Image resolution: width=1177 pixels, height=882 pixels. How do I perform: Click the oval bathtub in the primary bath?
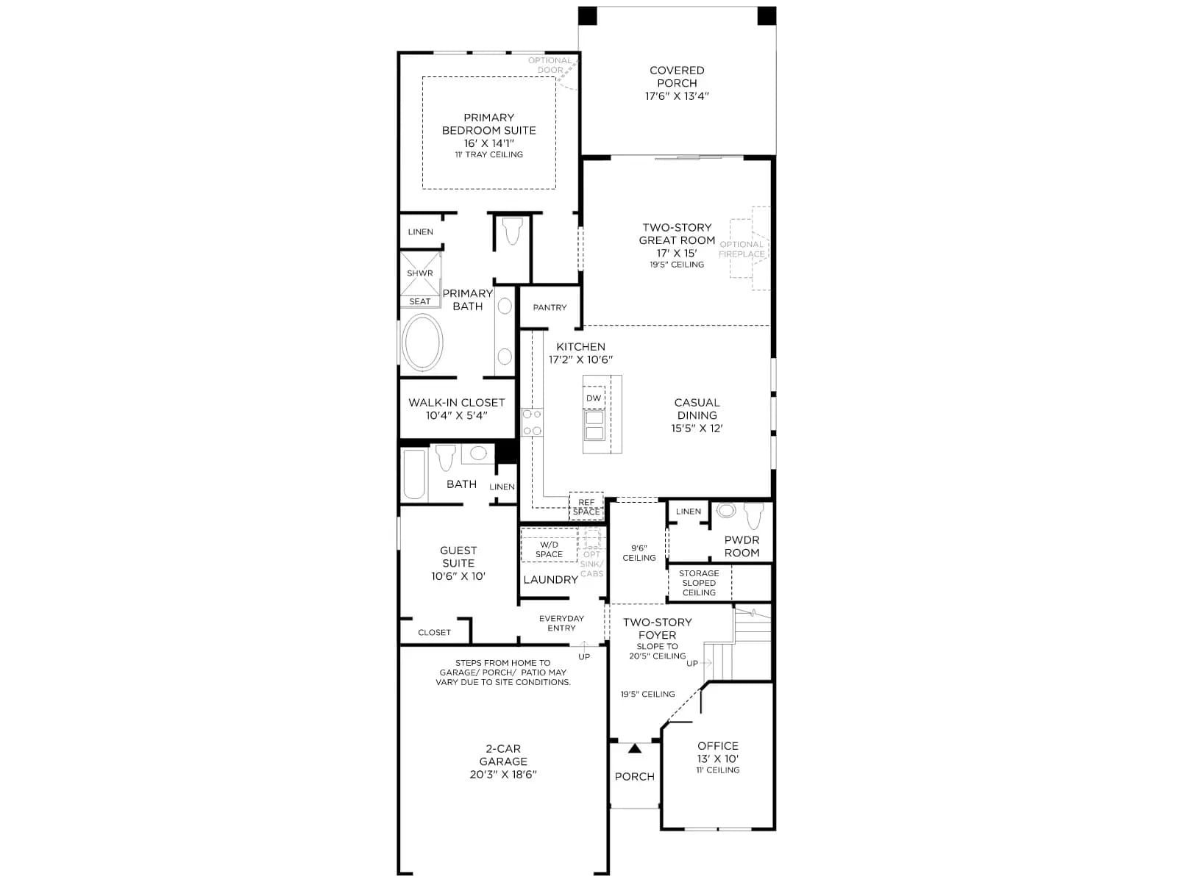click(422, 343)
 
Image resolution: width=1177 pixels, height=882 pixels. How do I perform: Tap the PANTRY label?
click(550, 307)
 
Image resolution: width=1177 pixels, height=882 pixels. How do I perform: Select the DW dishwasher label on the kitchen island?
click(594, 398)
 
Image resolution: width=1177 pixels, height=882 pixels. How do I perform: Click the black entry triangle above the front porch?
click(635, 748)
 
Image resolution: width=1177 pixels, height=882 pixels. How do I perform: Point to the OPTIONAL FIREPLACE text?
click(742, 249)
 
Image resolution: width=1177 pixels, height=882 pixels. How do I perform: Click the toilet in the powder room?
click(753, 515)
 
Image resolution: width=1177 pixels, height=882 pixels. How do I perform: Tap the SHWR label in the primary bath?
click(420, 273)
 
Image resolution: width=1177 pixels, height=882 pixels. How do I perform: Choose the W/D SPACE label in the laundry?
click(549, 550)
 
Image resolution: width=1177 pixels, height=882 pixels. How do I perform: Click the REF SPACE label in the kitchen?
click(586, 506)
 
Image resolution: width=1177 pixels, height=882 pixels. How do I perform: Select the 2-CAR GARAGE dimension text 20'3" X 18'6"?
click(503, 774)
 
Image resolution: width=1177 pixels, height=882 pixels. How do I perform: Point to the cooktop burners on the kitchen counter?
click(533, 422)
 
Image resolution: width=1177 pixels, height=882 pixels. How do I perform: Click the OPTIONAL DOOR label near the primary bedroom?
click(550, 65)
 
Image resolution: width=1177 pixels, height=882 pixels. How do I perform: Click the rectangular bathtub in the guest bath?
click(414, 474)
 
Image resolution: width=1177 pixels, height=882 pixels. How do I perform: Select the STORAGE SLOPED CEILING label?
click(699, 583)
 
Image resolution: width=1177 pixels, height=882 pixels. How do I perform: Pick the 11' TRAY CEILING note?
click(489, 154)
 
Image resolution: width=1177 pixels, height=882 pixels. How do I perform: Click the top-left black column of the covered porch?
click(588, 15)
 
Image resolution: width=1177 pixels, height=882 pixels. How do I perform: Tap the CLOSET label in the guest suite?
click(434, 632)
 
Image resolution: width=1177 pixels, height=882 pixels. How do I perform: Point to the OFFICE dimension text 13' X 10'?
click(718, 759)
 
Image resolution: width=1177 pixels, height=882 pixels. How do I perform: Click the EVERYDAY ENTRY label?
click(561, 623)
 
